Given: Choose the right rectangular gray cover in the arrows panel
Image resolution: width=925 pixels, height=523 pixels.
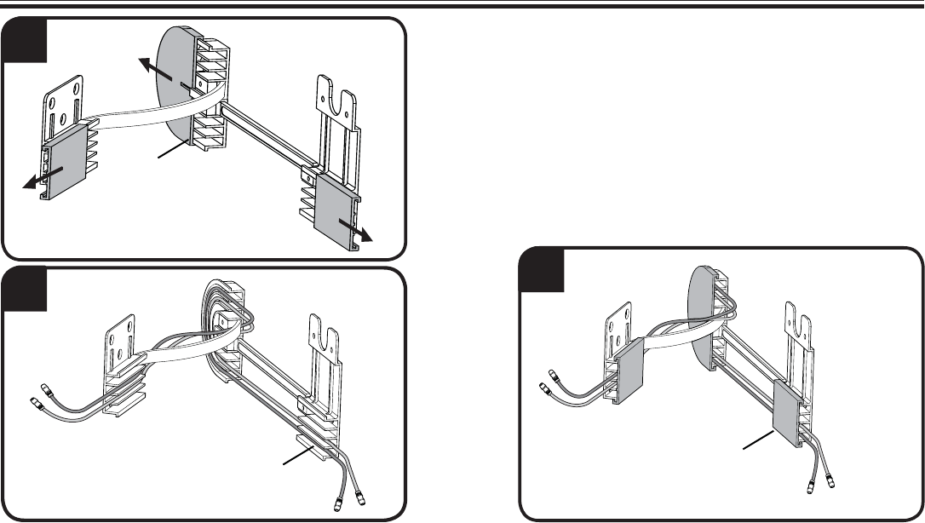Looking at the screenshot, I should [337, 214].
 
